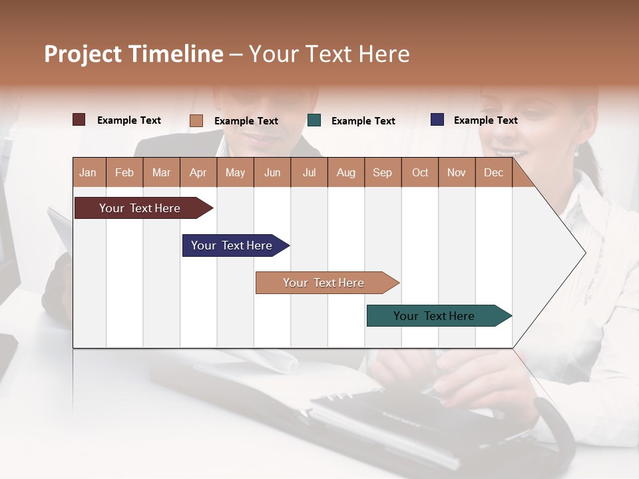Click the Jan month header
[x=89, y=172]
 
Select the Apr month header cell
[x=198, y=172]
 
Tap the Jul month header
[x=309, y=172]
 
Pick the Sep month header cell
[x=382, y=172]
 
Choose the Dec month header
[x=493, y=172]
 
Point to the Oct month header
[x=419, y=172]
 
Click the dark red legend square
[x=79, y=120]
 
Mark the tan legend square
[x=196, y=120]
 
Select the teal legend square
[x=314, y=120]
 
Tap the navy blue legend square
[x=437, y=120]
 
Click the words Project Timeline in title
[x=133, y=54]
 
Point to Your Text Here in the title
[x=329, y=54]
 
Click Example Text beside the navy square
[x=485, y=120]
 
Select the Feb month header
[x=124, y=172]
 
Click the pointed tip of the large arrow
[x=584, y=253]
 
